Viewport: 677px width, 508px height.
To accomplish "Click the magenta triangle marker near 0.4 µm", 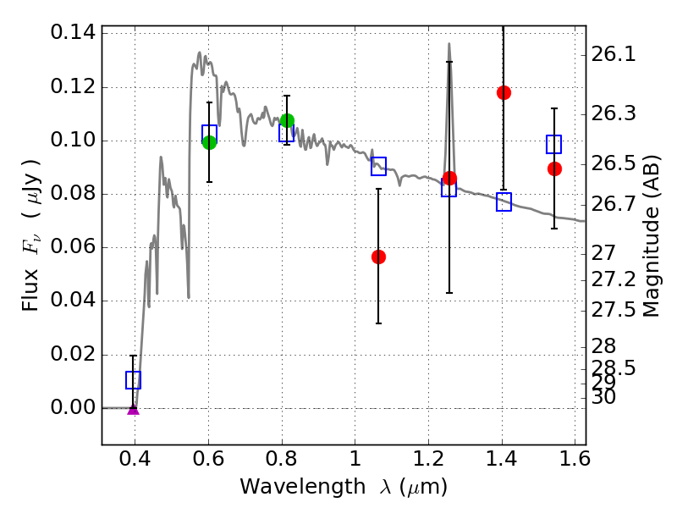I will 133,409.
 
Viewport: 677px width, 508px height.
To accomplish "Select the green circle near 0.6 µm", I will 209,142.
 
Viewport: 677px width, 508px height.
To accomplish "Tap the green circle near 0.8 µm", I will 287,120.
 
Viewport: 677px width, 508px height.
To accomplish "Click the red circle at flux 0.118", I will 504,92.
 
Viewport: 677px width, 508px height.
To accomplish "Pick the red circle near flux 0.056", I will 378,257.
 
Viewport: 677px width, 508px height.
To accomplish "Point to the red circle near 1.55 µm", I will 554,168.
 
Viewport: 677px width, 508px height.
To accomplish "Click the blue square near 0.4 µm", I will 133,380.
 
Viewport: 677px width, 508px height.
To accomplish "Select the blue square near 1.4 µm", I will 504,202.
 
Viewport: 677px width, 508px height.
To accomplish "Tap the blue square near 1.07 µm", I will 378,166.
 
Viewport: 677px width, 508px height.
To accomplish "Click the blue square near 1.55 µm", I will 554,144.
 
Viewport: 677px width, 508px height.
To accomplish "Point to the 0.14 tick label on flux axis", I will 74,34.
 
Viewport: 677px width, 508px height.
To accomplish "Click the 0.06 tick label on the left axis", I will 74,248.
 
